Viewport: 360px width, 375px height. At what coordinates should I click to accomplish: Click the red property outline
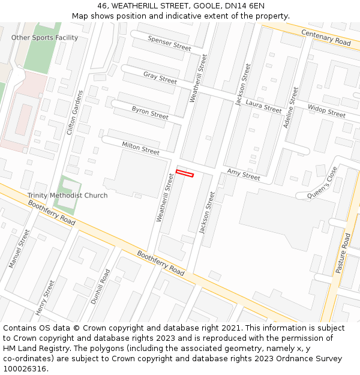click(x=185, y=173)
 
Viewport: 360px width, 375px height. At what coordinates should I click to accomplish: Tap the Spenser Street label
click(x=169, y=43)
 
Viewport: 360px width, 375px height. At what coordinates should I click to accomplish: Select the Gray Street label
click(x=160, y=77)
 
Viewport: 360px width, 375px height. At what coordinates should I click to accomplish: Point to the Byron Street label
click(x=150, y=112)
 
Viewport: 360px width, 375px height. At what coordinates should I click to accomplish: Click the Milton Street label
click(x=140, y=148)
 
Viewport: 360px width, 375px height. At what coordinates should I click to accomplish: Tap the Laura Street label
click(x=263, y=107)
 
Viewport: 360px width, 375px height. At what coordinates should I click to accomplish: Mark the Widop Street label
click(x=326, y=111)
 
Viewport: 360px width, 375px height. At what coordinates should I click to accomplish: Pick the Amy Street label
click(x=244, y=175)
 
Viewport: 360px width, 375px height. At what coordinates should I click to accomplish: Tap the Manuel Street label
click(x=19, y=248)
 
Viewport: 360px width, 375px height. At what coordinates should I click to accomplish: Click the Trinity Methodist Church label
click(x=67, y=196)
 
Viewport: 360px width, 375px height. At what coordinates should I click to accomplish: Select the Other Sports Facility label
click(x=44, y=38)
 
